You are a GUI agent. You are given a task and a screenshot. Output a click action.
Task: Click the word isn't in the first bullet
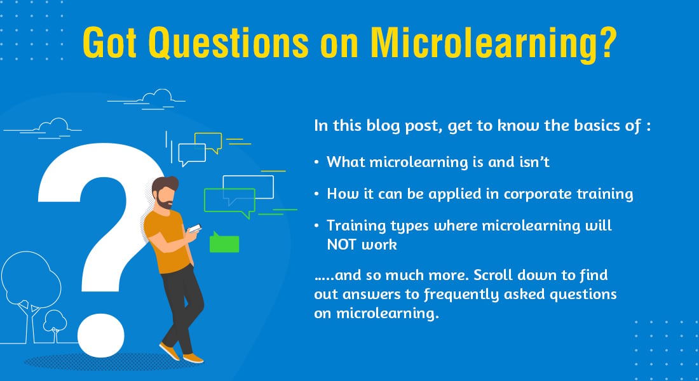pos(534,162)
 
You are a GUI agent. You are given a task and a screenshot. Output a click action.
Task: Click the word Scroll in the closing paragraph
pos(494,275)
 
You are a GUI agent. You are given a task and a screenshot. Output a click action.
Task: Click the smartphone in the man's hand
pos(195,228)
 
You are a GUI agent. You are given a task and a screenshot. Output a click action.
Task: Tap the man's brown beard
pos(164,203)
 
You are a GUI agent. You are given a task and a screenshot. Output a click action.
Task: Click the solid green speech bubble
pos(224,243)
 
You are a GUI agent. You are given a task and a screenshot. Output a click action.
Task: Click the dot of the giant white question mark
pos(101,335)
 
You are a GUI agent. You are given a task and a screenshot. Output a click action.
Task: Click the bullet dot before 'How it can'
pos(316,194)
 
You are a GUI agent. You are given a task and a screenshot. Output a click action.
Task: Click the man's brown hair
pos(165,184)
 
